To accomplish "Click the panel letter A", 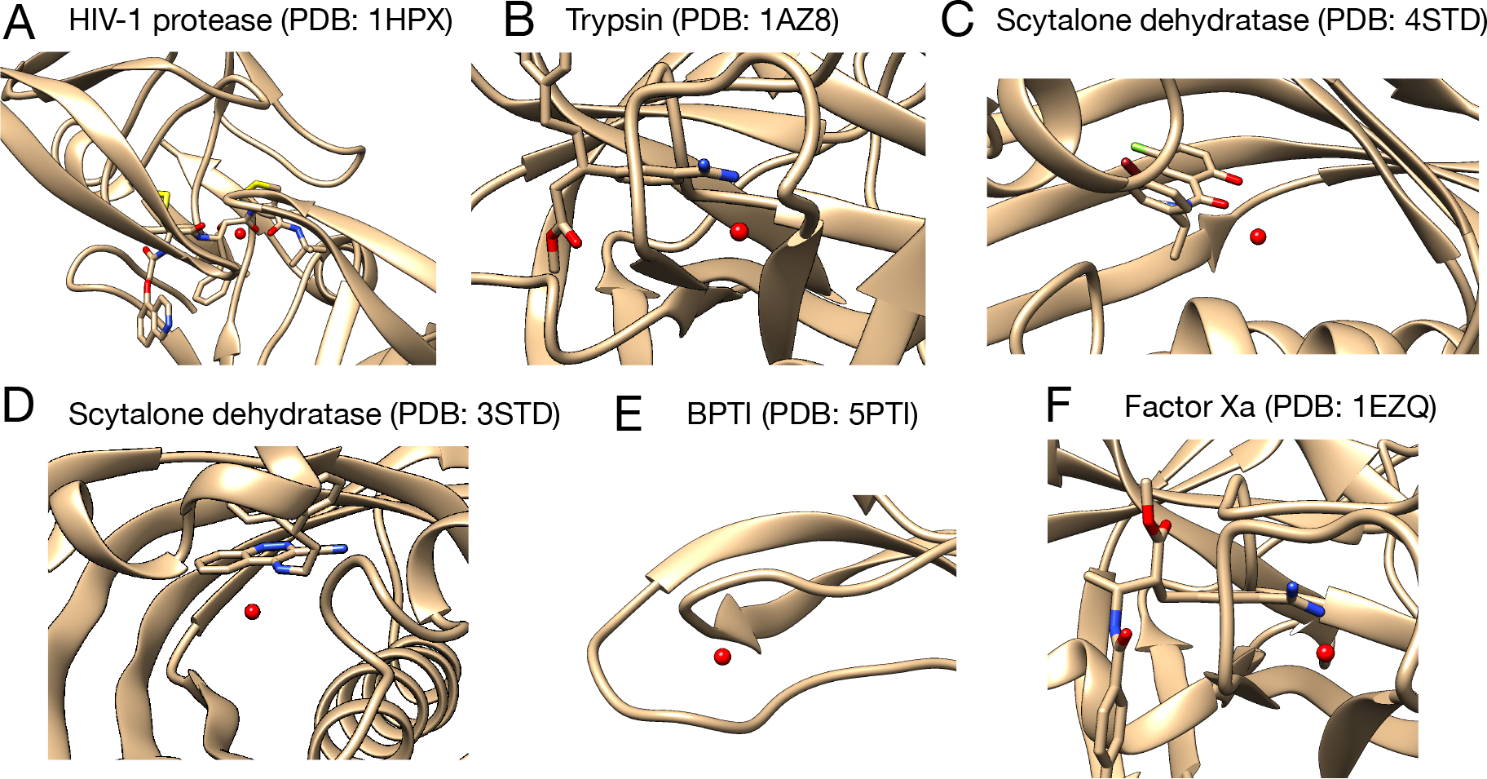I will tap(19, 23).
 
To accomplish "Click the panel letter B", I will tap(518, 21).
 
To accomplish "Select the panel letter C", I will tap(957, 21).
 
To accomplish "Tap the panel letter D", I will tap(18, 406).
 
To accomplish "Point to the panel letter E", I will tap(628, 414).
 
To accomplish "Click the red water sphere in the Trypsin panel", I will tap(739, 232).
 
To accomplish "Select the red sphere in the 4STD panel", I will tap(1258, 237).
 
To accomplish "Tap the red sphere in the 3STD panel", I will tap(253, 611).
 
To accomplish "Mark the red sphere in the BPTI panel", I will tap(722, 657).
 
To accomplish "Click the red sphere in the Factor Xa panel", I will tap(1326, 653).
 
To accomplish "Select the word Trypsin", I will tap(614, 21).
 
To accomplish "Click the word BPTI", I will tap(718, 414).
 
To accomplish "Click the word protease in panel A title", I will tap(213, 21).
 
